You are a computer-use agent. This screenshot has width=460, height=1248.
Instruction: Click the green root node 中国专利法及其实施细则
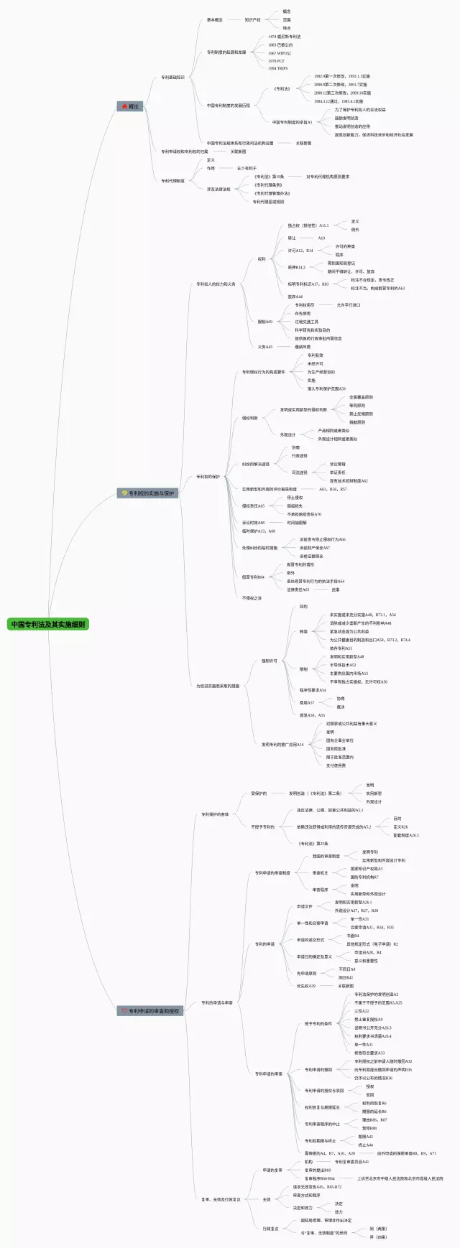pyautogui.click(x=48, y=624)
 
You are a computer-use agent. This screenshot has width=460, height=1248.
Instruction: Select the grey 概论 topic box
pyautogui.click(x=131, y=106)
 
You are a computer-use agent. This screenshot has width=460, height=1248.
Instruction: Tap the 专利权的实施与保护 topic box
pyautogui.click(x=147, y=493)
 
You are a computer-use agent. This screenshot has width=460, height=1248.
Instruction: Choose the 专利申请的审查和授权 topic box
pyautogui.click(x=151, y=1010)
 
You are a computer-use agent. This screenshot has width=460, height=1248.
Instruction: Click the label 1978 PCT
pyautogui.click(x=276, y=61)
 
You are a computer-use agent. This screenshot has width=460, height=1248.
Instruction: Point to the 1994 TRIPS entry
pyautogui.click(x=277, y=69)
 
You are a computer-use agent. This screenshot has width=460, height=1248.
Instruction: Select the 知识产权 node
pyautogui.click(x=252, y=20)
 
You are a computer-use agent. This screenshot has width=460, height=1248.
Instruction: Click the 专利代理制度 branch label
pyautogui.click(x=172, y=181)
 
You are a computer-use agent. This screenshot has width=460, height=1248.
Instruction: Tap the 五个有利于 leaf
pyautogui.click(x=247, y=168)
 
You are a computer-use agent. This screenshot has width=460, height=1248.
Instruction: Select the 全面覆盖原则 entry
pyautogui.click(x=361, y=397)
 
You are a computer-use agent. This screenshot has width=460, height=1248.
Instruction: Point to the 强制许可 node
pyautogui.click(x=270, y=661)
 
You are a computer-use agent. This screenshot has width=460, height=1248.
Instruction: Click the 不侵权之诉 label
pyautogui.click(x=252, y=597)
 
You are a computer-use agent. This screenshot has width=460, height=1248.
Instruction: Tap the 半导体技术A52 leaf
pyautogui.click(x=343, y=665)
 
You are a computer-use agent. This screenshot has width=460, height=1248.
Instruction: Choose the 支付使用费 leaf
pyautogui.click(x=336, y=765)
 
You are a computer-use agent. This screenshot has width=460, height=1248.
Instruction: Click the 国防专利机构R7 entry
pyautogui.click(x=364, y=877)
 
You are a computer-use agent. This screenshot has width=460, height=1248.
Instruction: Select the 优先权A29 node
pyautogui.click(x=306, y=986)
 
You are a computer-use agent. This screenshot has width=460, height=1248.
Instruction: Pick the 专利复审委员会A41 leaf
pyautogui.click(x=351, y=1162)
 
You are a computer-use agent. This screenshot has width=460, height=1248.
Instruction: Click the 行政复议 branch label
pyautogui.click(x=270, y=1229)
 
